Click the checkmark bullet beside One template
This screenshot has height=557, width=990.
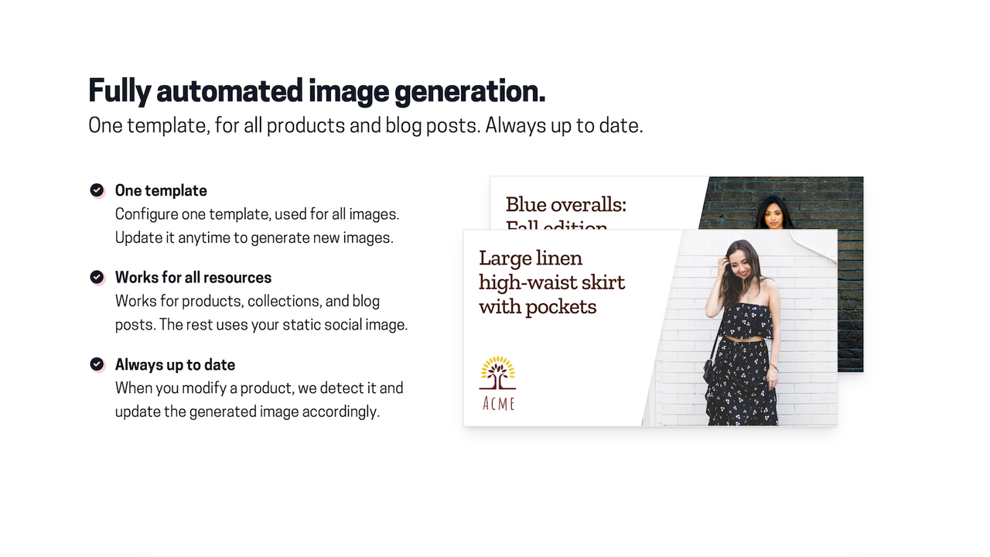click(97, 190)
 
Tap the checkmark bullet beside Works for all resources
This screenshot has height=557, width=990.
click(97, 277)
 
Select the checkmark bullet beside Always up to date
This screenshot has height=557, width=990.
click(97, 364)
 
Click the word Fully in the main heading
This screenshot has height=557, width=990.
click(119, 91)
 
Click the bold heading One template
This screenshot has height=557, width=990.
click(161, 190)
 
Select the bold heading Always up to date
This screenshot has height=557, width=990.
click(175, 364)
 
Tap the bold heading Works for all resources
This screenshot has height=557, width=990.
click(193, 277)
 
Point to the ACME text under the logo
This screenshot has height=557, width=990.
click(498, 403)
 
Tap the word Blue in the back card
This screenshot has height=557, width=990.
click(524, 205)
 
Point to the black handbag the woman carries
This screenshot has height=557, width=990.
click(709, 370)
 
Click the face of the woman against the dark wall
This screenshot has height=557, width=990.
click(774, 214)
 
